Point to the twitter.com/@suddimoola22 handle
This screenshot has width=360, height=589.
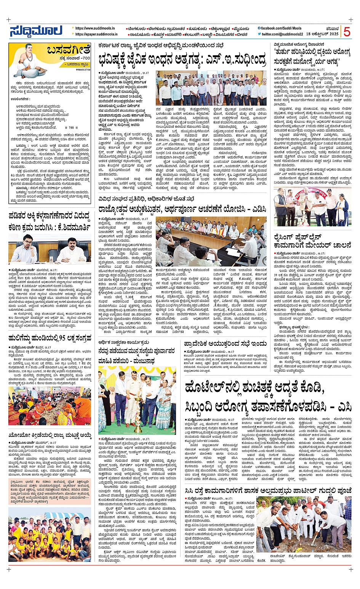[281, 34]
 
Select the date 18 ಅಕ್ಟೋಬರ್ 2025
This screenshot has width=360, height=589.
[322, 34]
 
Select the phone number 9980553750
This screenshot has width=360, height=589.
[83, 70]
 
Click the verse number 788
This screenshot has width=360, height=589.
[72, 128]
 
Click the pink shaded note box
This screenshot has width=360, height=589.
[50, 492]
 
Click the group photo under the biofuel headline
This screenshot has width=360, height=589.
[211, 89]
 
